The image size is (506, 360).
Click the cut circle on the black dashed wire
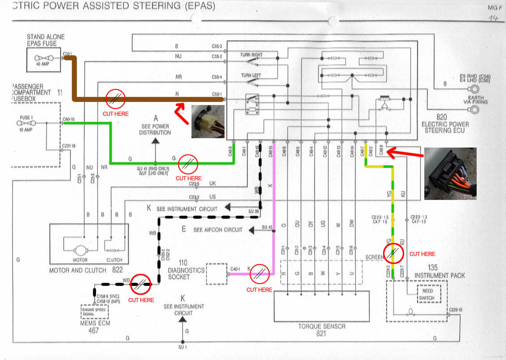click(140, 285)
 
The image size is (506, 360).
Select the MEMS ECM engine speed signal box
click(94, 312)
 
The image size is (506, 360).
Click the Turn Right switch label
click(251, 54)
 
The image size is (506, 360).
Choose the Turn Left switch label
click(251, 75)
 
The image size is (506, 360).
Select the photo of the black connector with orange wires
click(450, 173)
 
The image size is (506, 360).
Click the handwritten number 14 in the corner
click(494, 18)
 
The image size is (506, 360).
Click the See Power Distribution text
click(155, 129)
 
